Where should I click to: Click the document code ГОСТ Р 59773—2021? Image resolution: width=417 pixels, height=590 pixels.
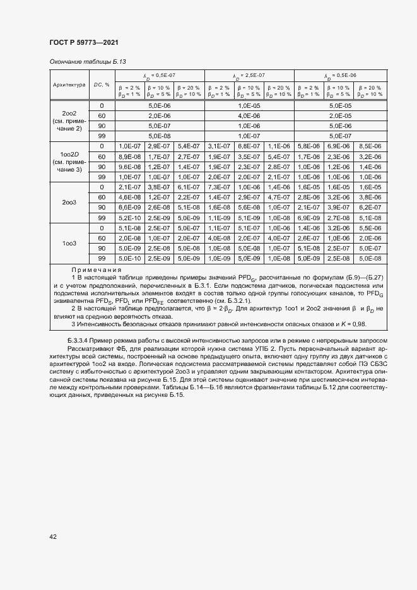point(83,42)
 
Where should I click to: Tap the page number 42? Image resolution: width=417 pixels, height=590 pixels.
point(53,536)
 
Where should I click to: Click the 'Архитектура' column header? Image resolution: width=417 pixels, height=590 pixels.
point(69,84)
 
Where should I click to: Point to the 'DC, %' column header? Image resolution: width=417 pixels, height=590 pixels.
point(102,84)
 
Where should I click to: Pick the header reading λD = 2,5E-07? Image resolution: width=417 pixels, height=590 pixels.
point(249,75)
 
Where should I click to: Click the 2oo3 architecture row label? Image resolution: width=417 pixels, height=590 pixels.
point(69,202)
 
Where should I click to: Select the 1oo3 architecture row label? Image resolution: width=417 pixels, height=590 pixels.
point(69,243)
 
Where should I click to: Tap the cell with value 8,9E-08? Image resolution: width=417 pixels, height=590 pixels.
point(129,156)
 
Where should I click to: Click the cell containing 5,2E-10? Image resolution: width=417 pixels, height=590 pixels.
point(129,217)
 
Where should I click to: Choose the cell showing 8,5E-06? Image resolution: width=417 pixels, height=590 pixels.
point(370,146)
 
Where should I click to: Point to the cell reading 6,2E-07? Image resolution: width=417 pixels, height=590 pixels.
point(370,207)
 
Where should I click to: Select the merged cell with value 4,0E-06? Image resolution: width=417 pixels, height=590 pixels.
point(249,115)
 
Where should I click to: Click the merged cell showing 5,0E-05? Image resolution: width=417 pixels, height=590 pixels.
point(339,105)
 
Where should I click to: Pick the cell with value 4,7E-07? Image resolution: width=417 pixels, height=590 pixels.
point(278,197)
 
